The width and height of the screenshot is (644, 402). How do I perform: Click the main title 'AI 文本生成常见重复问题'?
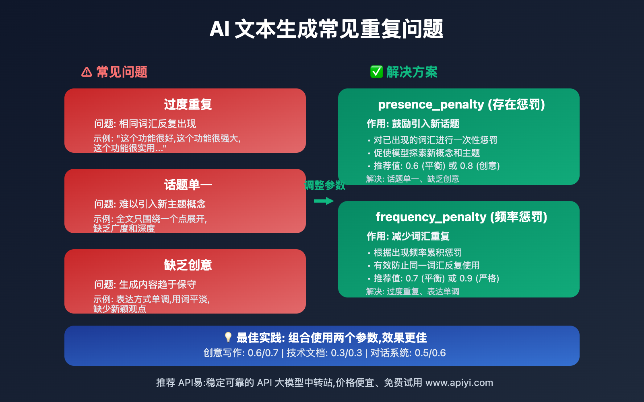[326, 29]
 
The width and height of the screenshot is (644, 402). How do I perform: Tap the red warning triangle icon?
[87, 72]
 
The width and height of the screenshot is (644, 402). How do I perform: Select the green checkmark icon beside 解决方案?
[376, 72]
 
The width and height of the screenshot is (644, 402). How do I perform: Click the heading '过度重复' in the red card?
[188, 105]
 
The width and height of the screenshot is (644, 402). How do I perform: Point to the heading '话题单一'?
[188, 185]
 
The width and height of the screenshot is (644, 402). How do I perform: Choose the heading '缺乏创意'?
[188, 265]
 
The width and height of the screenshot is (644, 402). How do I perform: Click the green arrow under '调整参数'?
[324, 201]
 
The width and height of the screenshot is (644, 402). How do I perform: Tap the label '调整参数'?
[324, 185]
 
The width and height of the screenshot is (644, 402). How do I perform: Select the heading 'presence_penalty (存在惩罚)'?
[461, 105]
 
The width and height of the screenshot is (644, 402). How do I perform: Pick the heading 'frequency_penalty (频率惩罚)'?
[461, 217]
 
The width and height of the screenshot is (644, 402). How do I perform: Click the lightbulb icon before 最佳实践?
[228, 337]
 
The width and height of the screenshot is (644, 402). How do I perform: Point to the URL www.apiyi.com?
[459, 383]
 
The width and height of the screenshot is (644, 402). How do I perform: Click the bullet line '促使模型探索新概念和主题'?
[427, 153]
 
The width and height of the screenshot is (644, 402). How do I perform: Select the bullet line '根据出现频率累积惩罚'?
[417, 253]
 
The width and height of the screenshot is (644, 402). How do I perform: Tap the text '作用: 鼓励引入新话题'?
[413, 124]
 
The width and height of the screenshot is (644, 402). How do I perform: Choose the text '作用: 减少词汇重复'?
[408, 236]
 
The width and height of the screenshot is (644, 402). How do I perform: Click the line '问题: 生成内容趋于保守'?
[145, 285]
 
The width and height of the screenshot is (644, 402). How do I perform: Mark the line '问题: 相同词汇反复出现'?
[145, 124]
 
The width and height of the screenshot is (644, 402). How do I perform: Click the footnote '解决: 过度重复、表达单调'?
[413, 291]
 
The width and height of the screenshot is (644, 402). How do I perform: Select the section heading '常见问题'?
[122, 72]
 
